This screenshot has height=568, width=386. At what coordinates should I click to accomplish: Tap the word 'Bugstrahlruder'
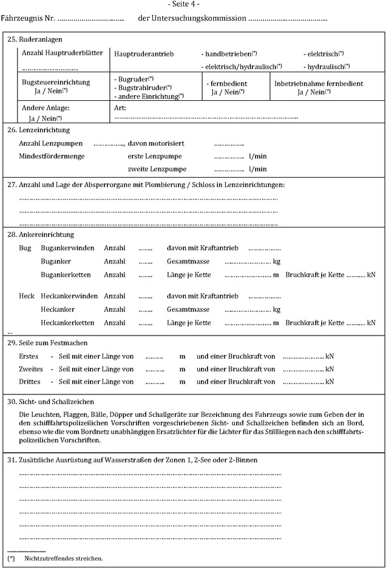pos(142,87)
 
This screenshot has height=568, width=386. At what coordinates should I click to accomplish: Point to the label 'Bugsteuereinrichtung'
pos(56,83)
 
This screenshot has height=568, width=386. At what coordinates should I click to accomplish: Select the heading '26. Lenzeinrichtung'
pos(38,130)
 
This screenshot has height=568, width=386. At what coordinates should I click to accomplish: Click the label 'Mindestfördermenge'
pos(52,156)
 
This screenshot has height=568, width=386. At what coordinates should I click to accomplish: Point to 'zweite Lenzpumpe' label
pos(153,169)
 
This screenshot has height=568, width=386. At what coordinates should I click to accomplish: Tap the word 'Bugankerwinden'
pos(67,248)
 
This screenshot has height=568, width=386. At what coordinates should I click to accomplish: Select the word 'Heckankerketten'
pos(67,323)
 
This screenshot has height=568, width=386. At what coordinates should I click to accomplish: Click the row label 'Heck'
pos(27,296)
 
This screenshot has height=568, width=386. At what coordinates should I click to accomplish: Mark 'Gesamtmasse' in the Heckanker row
pos(188,309)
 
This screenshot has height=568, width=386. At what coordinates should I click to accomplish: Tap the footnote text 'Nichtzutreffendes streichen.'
pos(64,558)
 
